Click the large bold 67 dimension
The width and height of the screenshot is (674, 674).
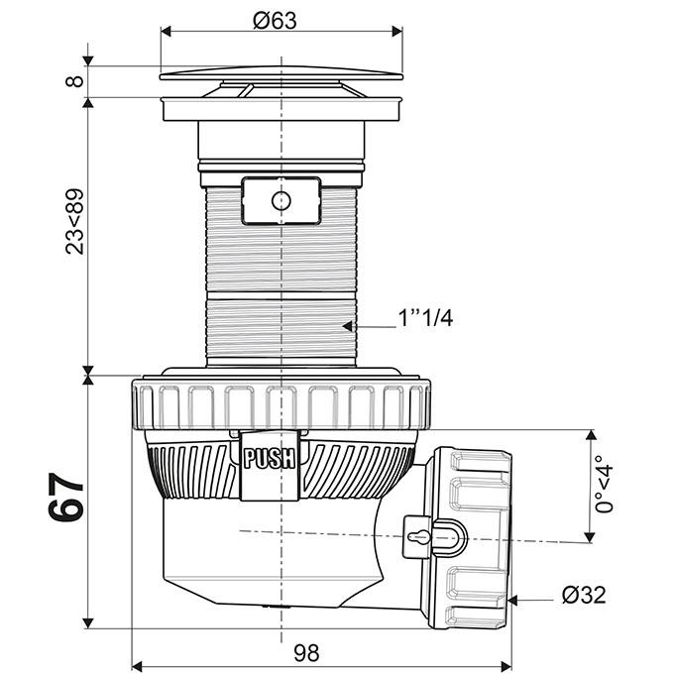click(x=67, y=499)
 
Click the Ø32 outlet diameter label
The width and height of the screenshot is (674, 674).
click(x=583, y=595)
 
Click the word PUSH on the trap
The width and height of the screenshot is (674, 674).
click(x=269, y=458)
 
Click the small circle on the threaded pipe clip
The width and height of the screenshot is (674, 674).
click(x=281, y=201)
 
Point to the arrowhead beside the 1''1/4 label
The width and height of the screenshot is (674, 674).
click(x=350, y=324)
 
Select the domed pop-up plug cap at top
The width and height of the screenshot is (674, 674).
click(x=281, y=73)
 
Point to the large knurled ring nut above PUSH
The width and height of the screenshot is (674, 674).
click(x=281, y=403)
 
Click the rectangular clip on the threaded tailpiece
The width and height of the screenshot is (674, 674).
click(x=281, y=201)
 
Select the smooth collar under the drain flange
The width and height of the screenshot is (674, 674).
click(x=281, y=139)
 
